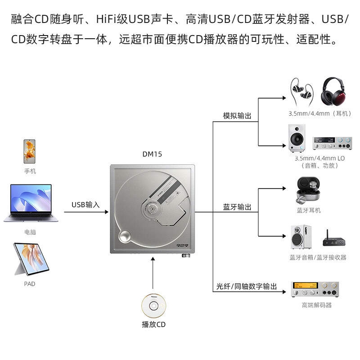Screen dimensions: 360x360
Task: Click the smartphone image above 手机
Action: point(30,152)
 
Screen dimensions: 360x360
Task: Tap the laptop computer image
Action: point(27,203)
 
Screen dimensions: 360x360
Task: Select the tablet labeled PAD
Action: point(29,260)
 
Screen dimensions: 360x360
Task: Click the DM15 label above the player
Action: point(152,154)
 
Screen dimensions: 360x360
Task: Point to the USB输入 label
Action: point(85,205)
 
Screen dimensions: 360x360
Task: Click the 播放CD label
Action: point(153,324)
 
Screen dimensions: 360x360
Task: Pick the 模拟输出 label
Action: point(237,116)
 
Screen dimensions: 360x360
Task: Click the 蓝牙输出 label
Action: point(237,207)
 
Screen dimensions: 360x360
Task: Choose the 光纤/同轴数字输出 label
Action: point(247,287)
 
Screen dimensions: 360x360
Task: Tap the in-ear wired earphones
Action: point(303,91)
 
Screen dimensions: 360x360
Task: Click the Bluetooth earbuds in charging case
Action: point(309,190)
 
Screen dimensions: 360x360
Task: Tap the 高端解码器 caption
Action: point(316,305)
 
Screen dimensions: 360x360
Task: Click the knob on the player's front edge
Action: point(185,256)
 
